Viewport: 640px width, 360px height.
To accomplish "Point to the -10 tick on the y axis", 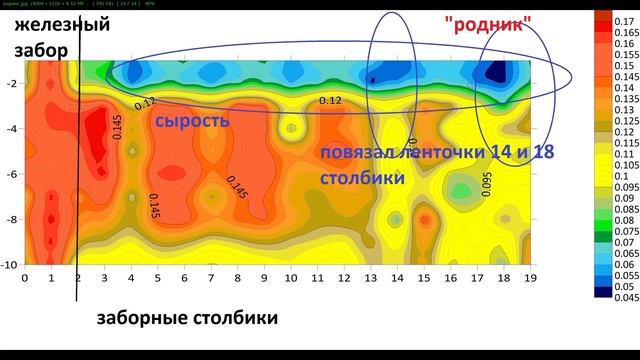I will pyautogui.click(x=10, y=264).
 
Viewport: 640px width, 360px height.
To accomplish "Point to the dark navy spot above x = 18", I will pyautogui.click(x=494, y=72).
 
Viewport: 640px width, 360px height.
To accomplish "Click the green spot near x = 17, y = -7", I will pyautogui.click(x=461, y=189).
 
